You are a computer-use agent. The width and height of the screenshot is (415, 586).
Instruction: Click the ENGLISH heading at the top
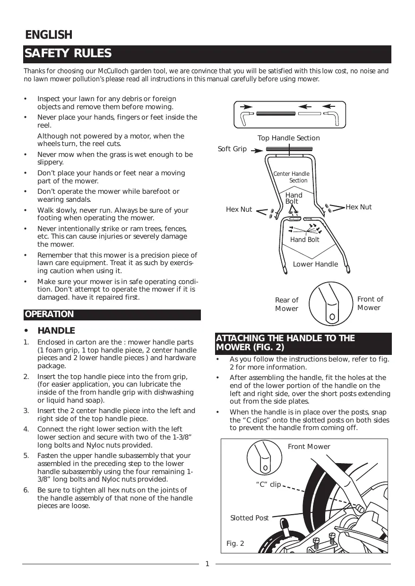pyautogui.click(x=49, y=35)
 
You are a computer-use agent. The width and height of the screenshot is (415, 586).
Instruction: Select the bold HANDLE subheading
pyautogui.click(x=56, y=330)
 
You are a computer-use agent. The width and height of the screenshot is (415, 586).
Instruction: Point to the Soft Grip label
pyautogui.click(x=232, y=149)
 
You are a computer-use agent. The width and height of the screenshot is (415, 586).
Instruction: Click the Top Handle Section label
pyautogui.click(x=288, y=138)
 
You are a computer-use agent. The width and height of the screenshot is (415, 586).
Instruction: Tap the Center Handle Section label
pyautogui.click(x=292, y=177)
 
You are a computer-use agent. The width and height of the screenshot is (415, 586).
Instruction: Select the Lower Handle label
pyautogui.click(x=315, y=264)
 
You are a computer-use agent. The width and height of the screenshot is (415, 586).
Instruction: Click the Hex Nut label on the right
pyautogui.click(x=359, y=207)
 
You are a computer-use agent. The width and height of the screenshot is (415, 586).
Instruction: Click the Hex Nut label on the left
pyautogui.click(x=239, y=209)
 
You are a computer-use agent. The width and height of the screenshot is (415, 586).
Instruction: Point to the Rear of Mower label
pyautogui.click(x=286, y=304)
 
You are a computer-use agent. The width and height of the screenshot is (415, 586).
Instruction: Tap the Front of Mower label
pyautogui.click(x=370, y=303)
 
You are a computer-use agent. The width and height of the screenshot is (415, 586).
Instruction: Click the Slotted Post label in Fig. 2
pyautogui.click(x=249, y=518)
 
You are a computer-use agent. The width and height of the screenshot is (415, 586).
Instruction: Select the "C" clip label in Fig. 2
pyautogui.click(x=268, y=485)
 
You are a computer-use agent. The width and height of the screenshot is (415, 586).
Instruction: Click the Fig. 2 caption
pyautogui.click(x=235, y=544)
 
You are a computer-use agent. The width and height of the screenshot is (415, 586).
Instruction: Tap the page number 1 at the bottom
pyautogui.click(x=207, y=563)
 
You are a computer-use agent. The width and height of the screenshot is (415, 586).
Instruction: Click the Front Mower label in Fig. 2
pyautogui.click(x=309, y=447)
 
